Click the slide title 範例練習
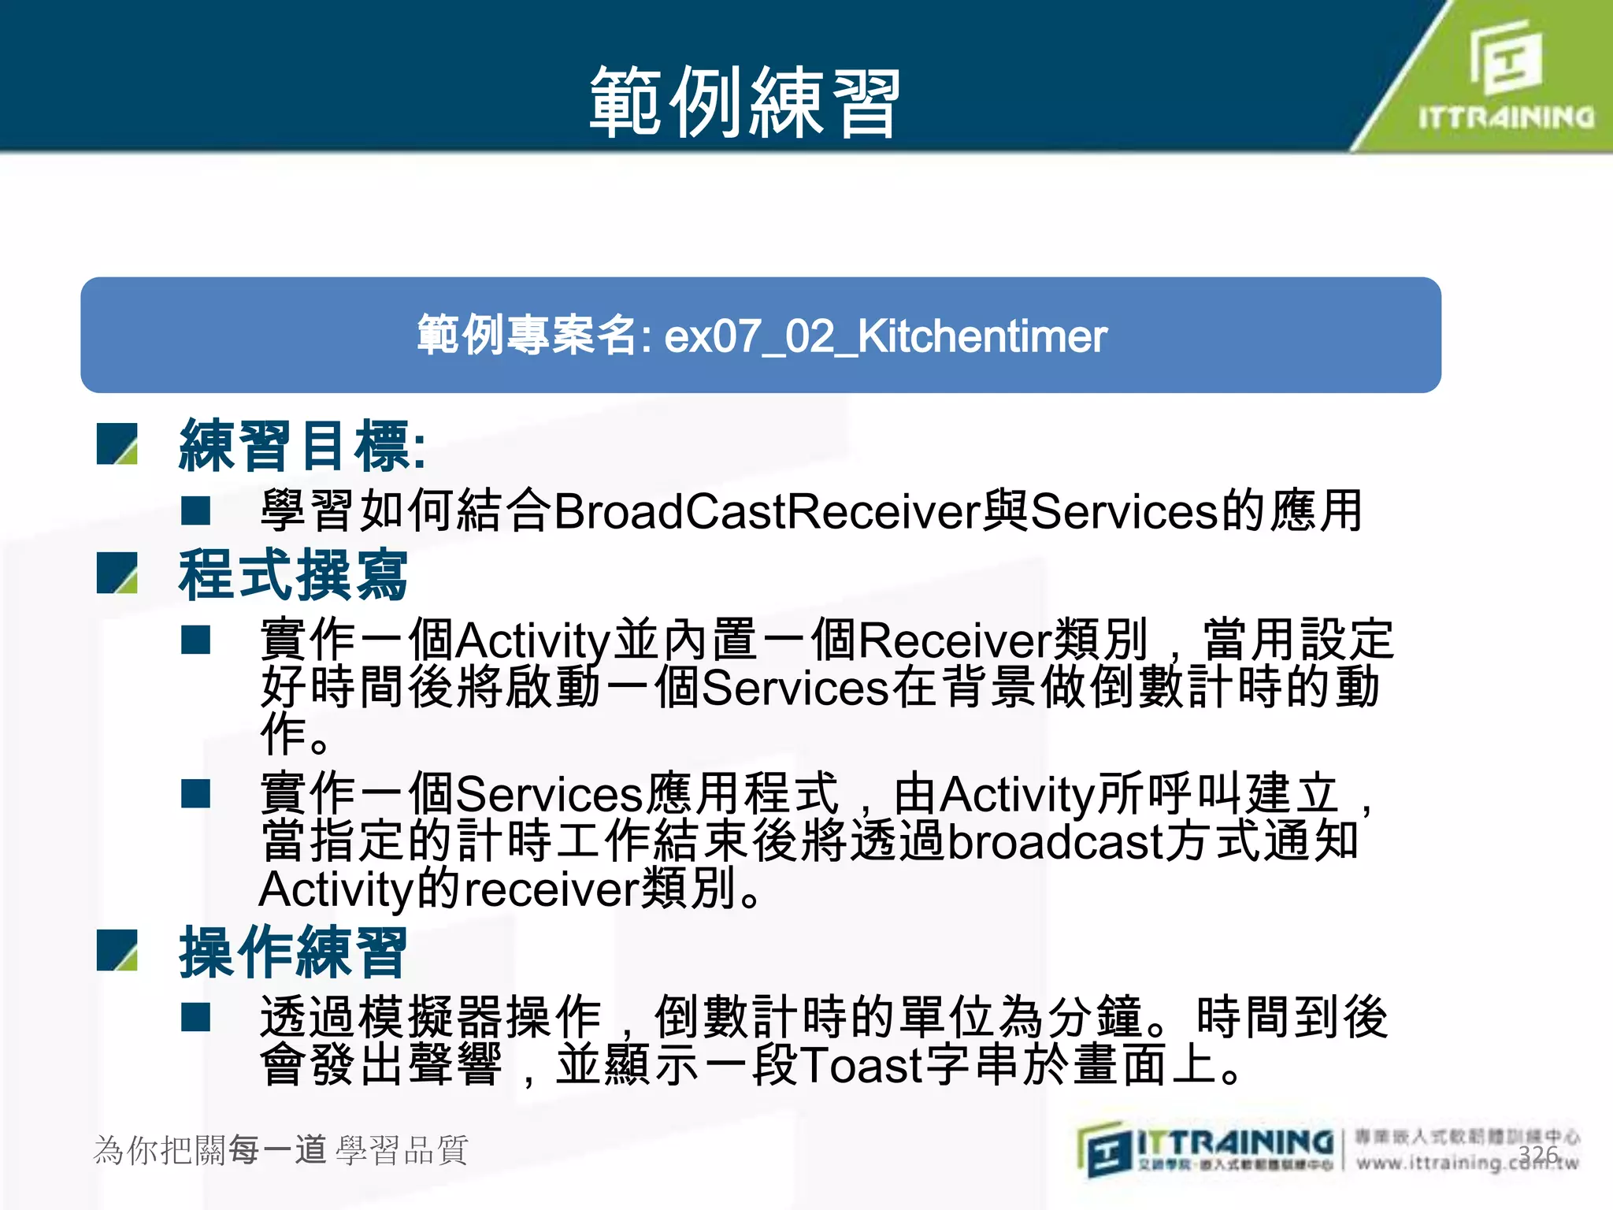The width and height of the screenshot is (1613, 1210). (744, 102)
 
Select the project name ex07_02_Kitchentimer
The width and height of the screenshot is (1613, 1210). (885, 336)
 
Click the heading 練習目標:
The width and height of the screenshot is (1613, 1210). (303, 446)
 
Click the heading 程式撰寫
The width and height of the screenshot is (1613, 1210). (293, 575)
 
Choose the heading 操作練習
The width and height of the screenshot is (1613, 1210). (293, 952)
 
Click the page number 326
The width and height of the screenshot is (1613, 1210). (1538, 1155)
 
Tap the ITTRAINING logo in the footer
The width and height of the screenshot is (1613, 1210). (1205, 1150)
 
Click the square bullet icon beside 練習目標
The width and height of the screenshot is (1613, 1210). (117, 444)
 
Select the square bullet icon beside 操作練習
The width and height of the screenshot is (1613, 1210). (117, 950)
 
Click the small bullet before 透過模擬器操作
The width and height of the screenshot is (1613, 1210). (195, 1017)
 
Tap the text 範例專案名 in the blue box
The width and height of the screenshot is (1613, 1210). (526, 336)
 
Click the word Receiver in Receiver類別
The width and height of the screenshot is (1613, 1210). (955, 639)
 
